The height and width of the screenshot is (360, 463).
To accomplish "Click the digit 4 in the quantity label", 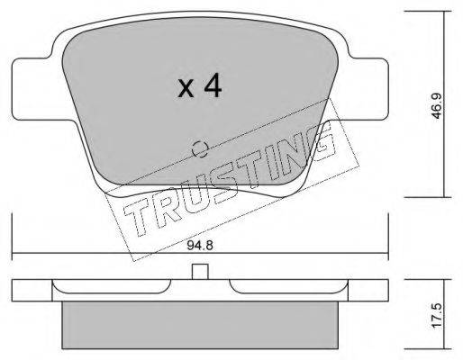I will pos(212,86).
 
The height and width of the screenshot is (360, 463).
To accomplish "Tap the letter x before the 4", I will pos(186,88).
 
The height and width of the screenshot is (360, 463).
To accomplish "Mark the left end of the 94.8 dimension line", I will pos(13,254).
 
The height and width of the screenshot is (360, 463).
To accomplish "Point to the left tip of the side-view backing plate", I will pos(14,289).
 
